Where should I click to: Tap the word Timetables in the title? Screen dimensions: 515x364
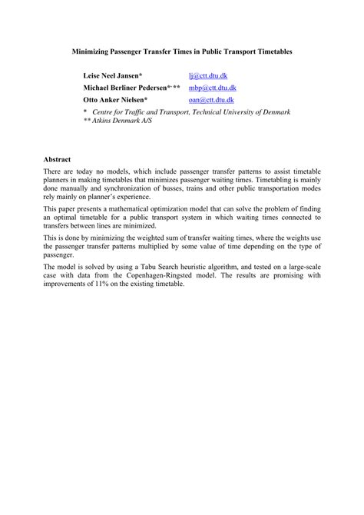(x=271, y=51)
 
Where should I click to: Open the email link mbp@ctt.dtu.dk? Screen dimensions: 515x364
(x=212, y=88)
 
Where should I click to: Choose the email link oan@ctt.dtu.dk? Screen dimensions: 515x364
(x=211, y=101)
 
